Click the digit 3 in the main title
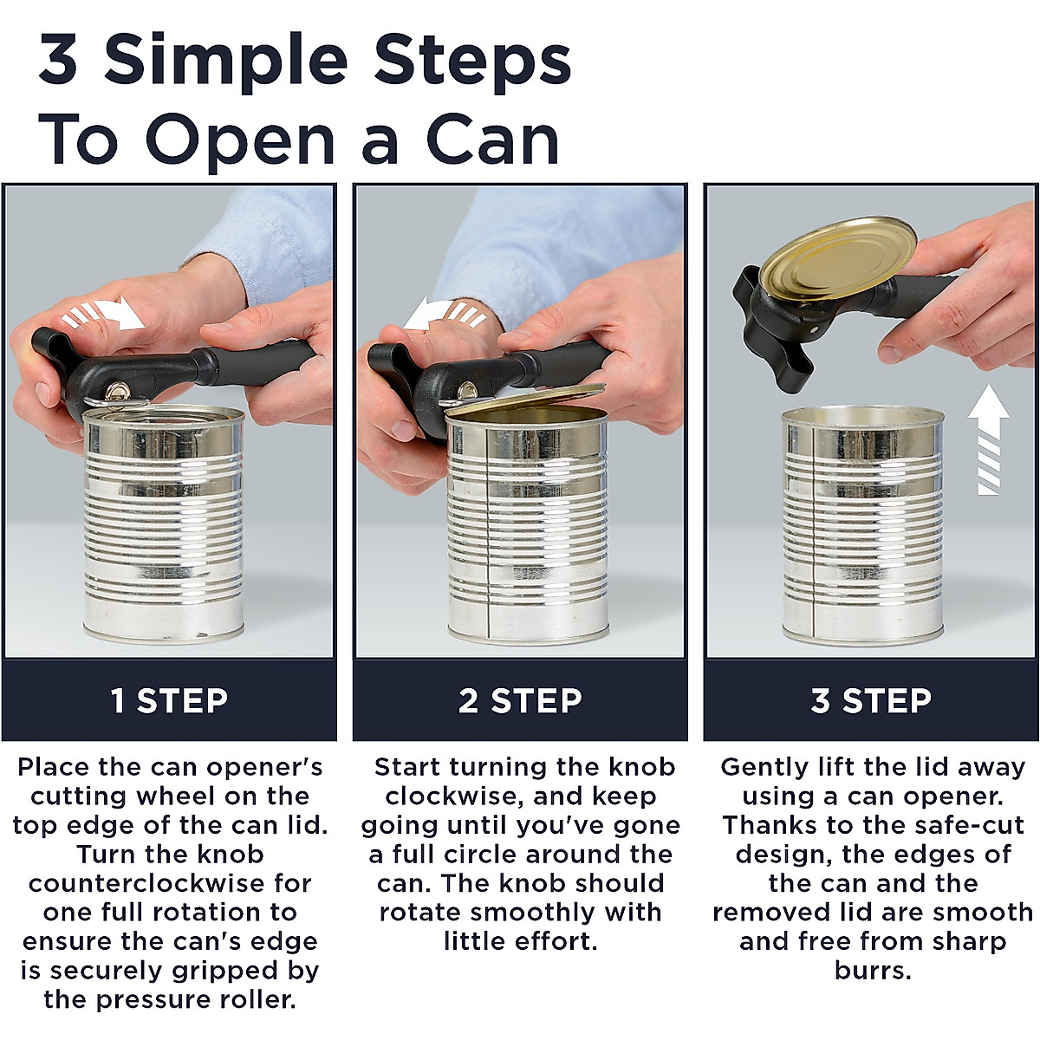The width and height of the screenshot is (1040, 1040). pos(58,60)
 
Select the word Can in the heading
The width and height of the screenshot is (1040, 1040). pos(492,140)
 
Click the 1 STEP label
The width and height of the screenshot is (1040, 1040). pos(170,701)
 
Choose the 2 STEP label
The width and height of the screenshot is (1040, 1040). pos(520,701)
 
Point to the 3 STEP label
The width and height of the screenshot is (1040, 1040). pos(871,701)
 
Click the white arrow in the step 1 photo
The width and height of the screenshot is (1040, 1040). pos(104,315)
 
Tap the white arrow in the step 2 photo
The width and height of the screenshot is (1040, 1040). pos(445,315)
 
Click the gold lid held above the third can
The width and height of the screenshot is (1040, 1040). pos(837,258)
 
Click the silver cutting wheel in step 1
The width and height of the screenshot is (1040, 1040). pos(115,391)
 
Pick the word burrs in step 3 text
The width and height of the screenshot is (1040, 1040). pos(872,972)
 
